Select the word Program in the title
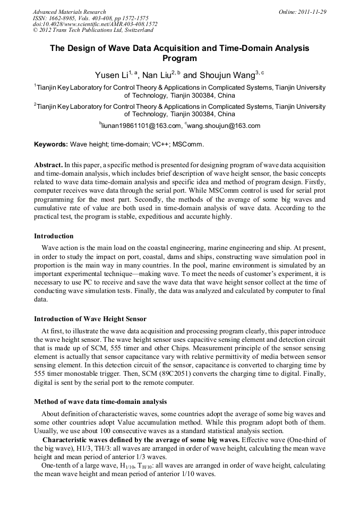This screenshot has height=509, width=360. (179, 58)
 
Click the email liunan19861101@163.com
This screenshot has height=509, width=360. (141, 126)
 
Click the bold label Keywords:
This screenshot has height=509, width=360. (51, 144)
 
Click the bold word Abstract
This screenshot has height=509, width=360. (48, 165)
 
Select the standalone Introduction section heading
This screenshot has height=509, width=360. (54, 236)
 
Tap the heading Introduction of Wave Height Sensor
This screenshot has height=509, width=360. (90, 319)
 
